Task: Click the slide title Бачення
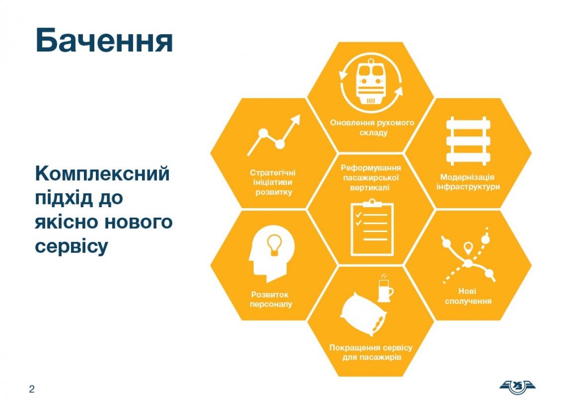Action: coord(104,41)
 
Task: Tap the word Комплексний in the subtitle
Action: coord(102,174)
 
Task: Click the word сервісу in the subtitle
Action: coord(71,246)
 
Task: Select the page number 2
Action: coord(31,389)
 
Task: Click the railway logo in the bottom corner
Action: coord(517,387)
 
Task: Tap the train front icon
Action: coord(371,82)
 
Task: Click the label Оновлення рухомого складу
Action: coord(372,128)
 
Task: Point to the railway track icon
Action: coord(468,141)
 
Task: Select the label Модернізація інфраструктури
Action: coord(468,182)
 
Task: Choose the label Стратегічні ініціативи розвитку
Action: coord(273,182)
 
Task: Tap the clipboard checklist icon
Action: coord(372,228)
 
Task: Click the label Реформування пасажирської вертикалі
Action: coord(371,178)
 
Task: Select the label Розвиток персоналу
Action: coord(271,300)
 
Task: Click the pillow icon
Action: coord(363,314)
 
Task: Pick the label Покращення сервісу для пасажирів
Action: coord(371,352)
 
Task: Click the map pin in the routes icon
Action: coord(468,248)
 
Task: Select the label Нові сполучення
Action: coord(468,296)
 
